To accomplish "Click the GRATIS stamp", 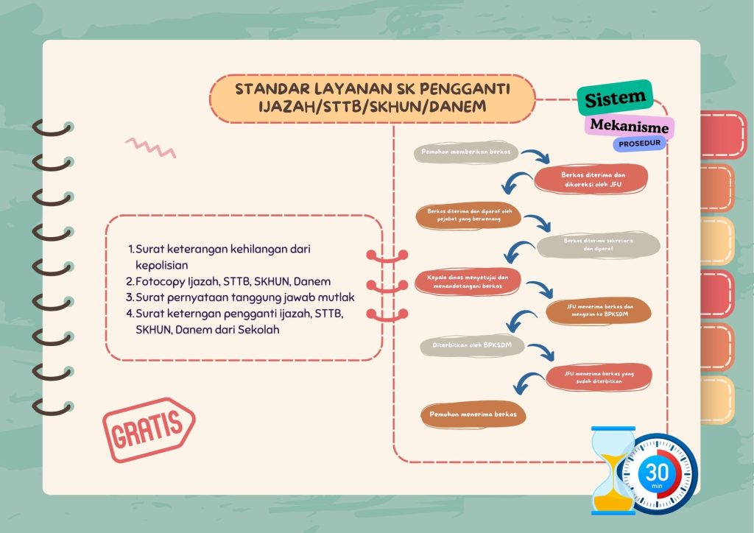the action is coord(149,429).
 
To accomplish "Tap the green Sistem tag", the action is coord(615,98).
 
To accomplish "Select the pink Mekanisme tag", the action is coord(630,126).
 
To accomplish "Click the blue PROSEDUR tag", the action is coord(639,144).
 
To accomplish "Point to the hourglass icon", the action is coord(613,470).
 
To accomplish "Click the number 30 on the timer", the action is coord(657,473).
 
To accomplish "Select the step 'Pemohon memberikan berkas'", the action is coord(466,152).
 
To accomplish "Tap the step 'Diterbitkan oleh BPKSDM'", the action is coord(472,345).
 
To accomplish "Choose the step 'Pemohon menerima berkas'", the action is coord(473,414).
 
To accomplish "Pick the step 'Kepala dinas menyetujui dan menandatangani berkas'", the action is coord(468,282).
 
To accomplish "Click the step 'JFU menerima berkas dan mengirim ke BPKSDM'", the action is coord(599,311).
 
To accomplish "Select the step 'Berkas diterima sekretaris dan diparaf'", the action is coord(598,244).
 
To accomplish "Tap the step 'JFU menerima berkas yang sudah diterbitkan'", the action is coord(599,377).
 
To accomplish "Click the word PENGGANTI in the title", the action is coord(465,89).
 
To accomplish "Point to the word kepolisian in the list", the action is coord(161,265).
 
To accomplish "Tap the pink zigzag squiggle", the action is coord(150,148).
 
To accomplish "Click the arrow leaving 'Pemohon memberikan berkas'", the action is coord(537,155).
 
